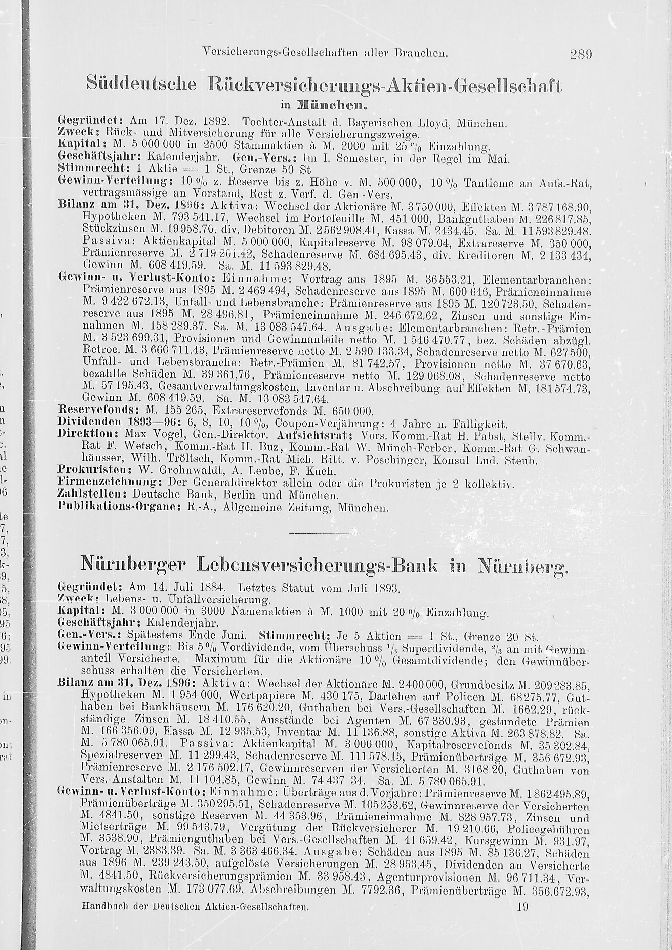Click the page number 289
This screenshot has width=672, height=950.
tap(581, 54)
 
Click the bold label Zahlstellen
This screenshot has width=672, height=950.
tap(93, 495)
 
